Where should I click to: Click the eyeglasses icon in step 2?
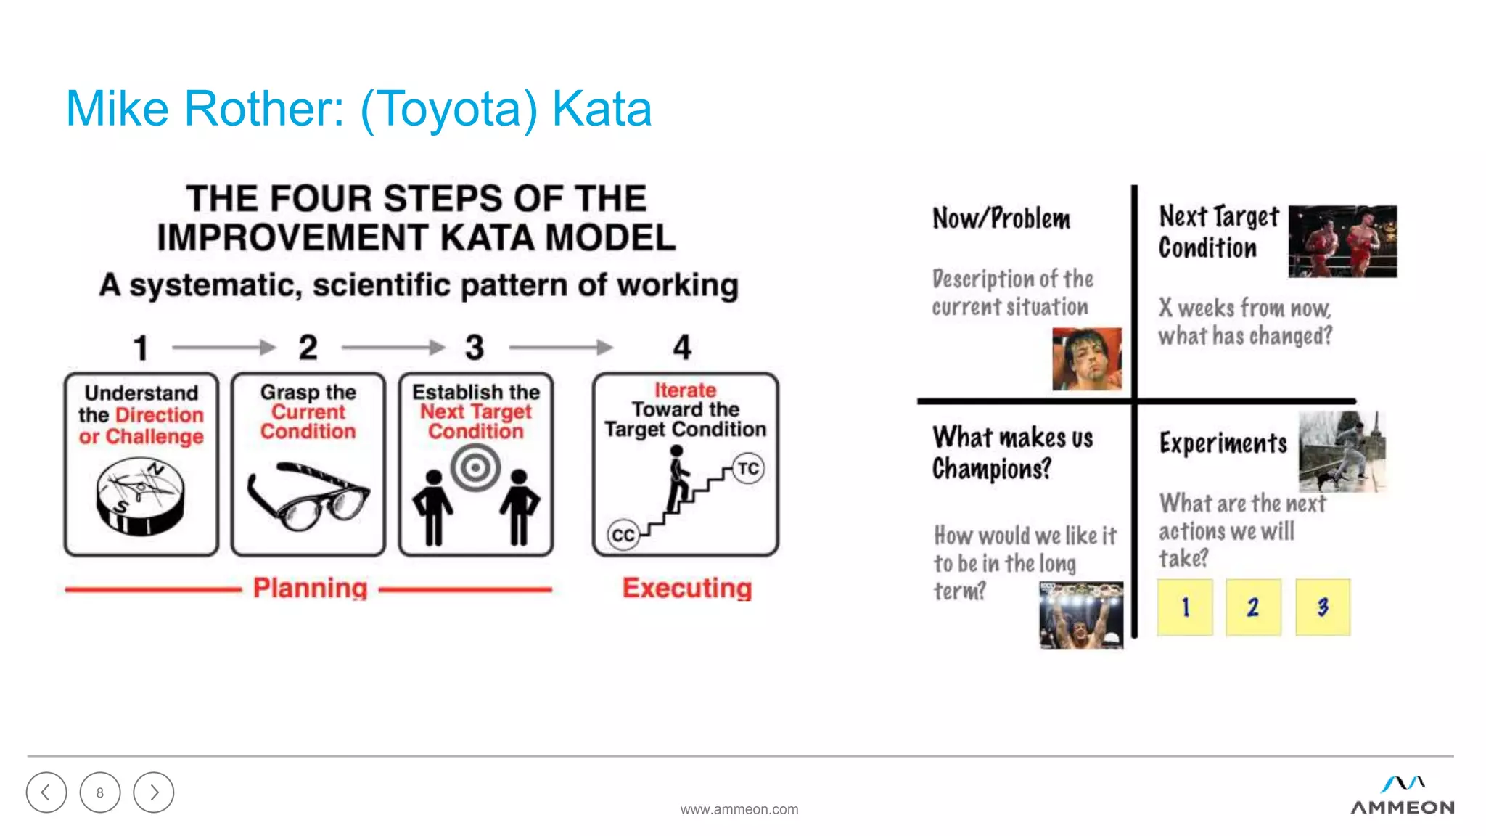(308, 496)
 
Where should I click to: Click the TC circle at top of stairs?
(748, 468)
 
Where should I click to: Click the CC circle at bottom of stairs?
(623, 536)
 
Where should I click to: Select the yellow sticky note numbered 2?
(1253, 607)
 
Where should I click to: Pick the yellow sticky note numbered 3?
(1323, 607)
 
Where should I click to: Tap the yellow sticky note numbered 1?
(1185, 607)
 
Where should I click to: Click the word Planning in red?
(310, 588)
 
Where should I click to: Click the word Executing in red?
(686, 588)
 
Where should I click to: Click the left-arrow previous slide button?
(46, 792)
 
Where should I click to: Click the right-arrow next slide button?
(154, 792)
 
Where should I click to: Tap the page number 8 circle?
(100, 792)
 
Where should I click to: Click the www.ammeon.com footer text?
(739, 809)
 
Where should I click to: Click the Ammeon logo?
(1402, 796)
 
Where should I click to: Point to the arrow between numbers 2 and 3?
(393, 348)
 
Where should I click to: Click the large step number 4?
(682, 348)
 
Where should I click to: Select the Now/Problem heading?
(1001, 218)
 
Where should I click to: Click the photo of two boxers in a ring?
(1342, 241)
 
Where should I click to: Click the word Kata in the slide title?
(602, 109)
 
